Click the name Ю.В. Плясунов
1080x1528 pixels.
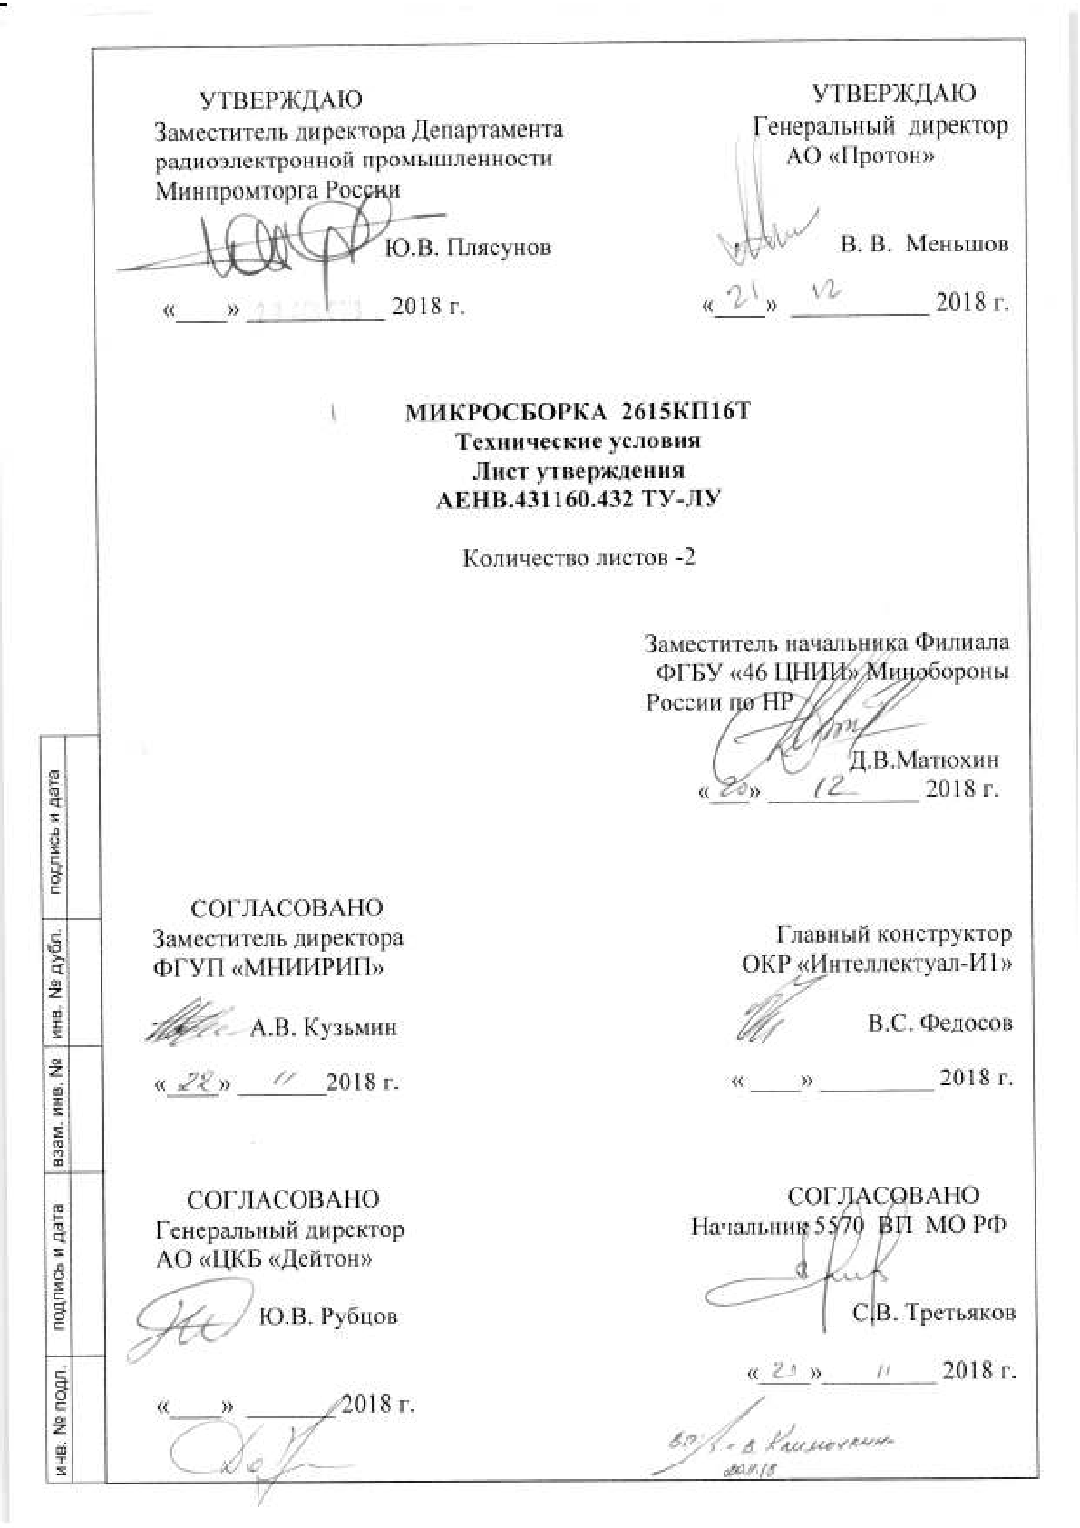pos(468,248)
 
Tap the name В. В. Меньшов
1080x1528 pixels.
pos(924,244)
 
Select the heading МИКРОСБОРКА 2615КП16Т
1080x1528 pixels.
pos(578,414)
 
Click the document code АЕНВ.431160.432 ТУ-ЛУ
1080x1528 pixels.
pos(578,500)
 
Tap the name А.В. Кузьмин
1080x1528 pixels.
pos(324,1028)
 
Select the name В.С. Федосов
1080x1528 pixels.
pos(939,1024)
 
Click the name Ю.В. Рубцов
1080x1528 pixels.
pos(328,1316)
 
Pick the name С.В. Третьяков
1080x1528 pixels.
pos(933,1313)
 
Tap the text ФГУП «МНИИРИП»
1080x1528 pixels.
pos(269,966)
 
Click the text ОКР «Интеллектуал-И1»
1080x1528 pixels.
pos(876,963)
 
